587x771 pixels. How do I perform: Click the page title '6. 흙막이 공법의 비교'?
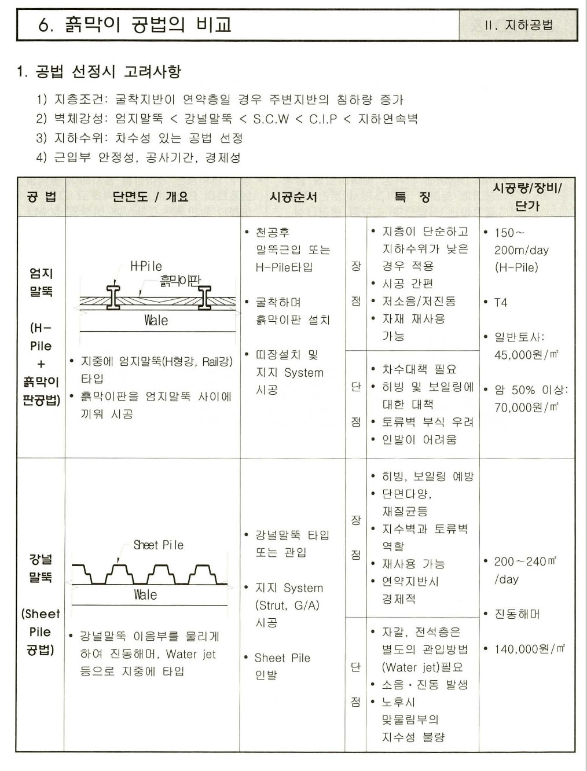(135, 25)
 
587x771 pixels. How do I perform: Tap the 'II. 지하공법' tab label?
(519, 25)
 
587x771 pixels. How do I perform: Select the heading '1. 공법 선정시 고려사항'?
(99, 72)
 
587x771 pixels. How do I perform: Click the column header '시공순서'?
(293, 197)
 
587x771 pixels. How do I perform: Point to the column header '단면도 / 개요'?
(151, 197)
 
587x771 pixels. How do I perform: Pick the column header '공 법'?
(41, 197)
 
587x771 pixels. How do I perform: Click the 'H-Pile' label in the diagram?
(146, 266)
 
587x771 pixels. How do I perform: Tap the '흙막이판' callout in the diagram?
(180, 281)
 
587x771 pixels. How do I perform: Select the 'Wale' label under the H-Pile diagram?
(156, 320)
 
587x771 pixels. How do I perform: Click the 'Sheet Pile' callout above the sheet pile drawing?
(158, 545)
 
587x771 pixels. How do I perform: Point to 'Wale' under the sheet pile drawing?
(145, 595)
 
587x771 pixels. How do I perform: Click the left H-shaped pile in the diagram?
(113, 298)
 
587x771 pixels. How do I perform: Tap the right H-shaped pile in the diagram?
(205, 298)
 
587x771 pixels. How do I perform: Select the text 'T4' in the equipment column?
(500, 303)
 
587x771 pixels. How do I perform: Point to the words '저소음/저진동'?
(419, 302)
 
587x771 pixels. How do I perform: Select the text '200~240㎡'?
(525, 561)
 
